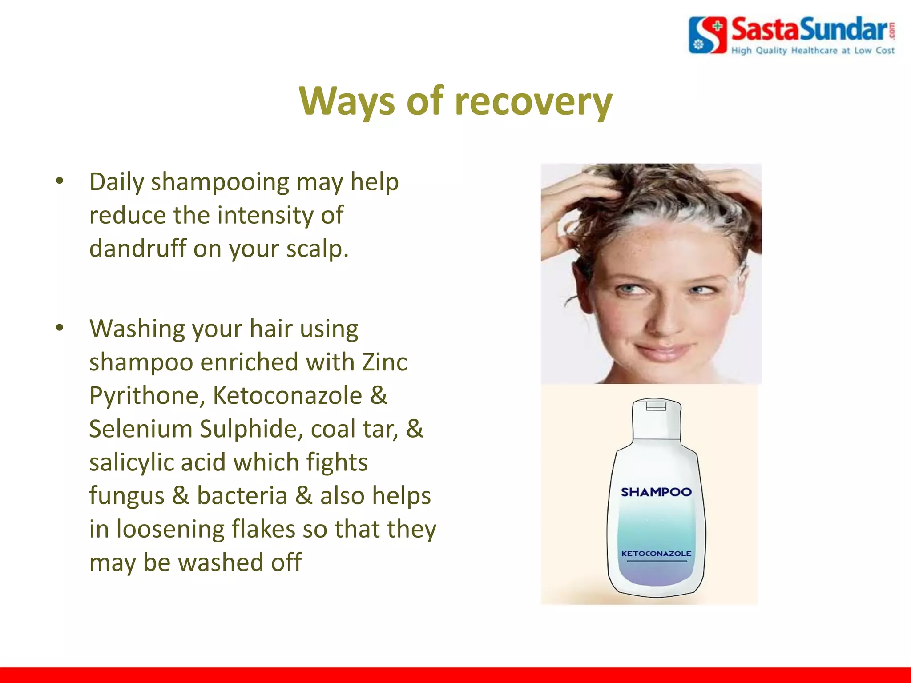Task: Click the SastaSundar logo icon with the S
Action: pos(707,35)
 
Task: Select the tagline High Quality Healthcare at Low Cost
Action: pos(813,51)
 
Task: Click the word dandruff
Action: pos(137,248)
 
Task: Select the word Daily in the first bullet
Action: pos(117,182)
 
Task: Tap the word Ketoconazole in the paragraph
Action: pos(287,395)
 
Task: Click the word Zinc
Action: pos(384,362)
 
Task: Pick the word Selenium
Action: pos(140,429)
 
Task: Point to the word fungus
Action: pos(126,495)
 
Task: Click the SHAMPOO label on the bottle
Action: pos(656,492)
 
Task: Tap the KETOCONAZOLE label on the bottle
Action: pos(656,554)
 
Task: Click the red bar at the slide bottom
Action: pos(455,675)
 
